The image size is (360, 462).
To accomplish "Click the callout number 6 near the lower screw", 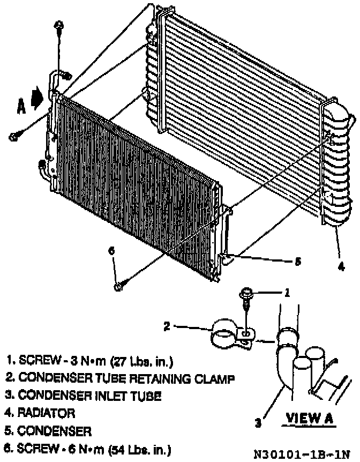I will [x=111, y=251].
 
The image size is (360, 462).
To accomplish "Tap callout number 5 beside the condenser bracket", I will [x=298, y=262].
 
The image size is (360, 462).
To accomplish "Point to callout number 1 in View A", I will [x=287, y=293].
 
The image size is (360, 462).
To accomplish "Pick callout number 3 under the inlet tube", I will [x=258, y=423].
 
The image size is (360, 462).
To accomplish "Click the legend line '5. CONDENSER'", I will [x=48, y=431].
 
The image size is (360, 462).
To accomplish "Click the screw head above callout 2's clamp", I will [x=246, y=293].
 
